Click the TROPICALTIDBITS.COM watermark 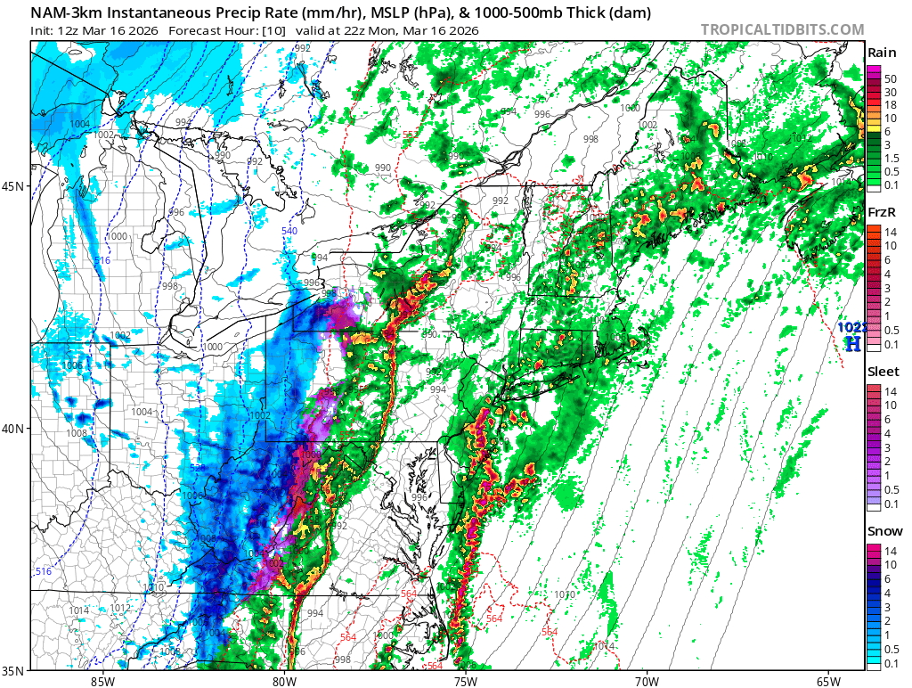click(x=782, y=29)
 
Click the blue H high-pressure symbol click(x=852, y=343)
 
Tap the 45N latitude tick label click(x=15, y=186)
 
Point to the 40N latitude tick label click(x=15, y=429)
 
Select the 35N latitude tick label click(x=15, y=671)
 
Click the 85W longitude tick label click(x=102, y=681)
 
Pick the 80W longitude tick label click(x=284, y=681)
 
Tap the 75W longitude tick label click(x=465, y=681)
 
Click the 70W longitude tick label click(x=647, y=681)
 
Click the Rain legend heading click(x=882, y=53)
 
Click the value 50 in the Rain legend click(x=890, y=79)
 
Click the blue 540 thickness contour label click(x=289, y=232)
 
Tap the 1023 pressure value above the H click(x=851, y=327)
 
